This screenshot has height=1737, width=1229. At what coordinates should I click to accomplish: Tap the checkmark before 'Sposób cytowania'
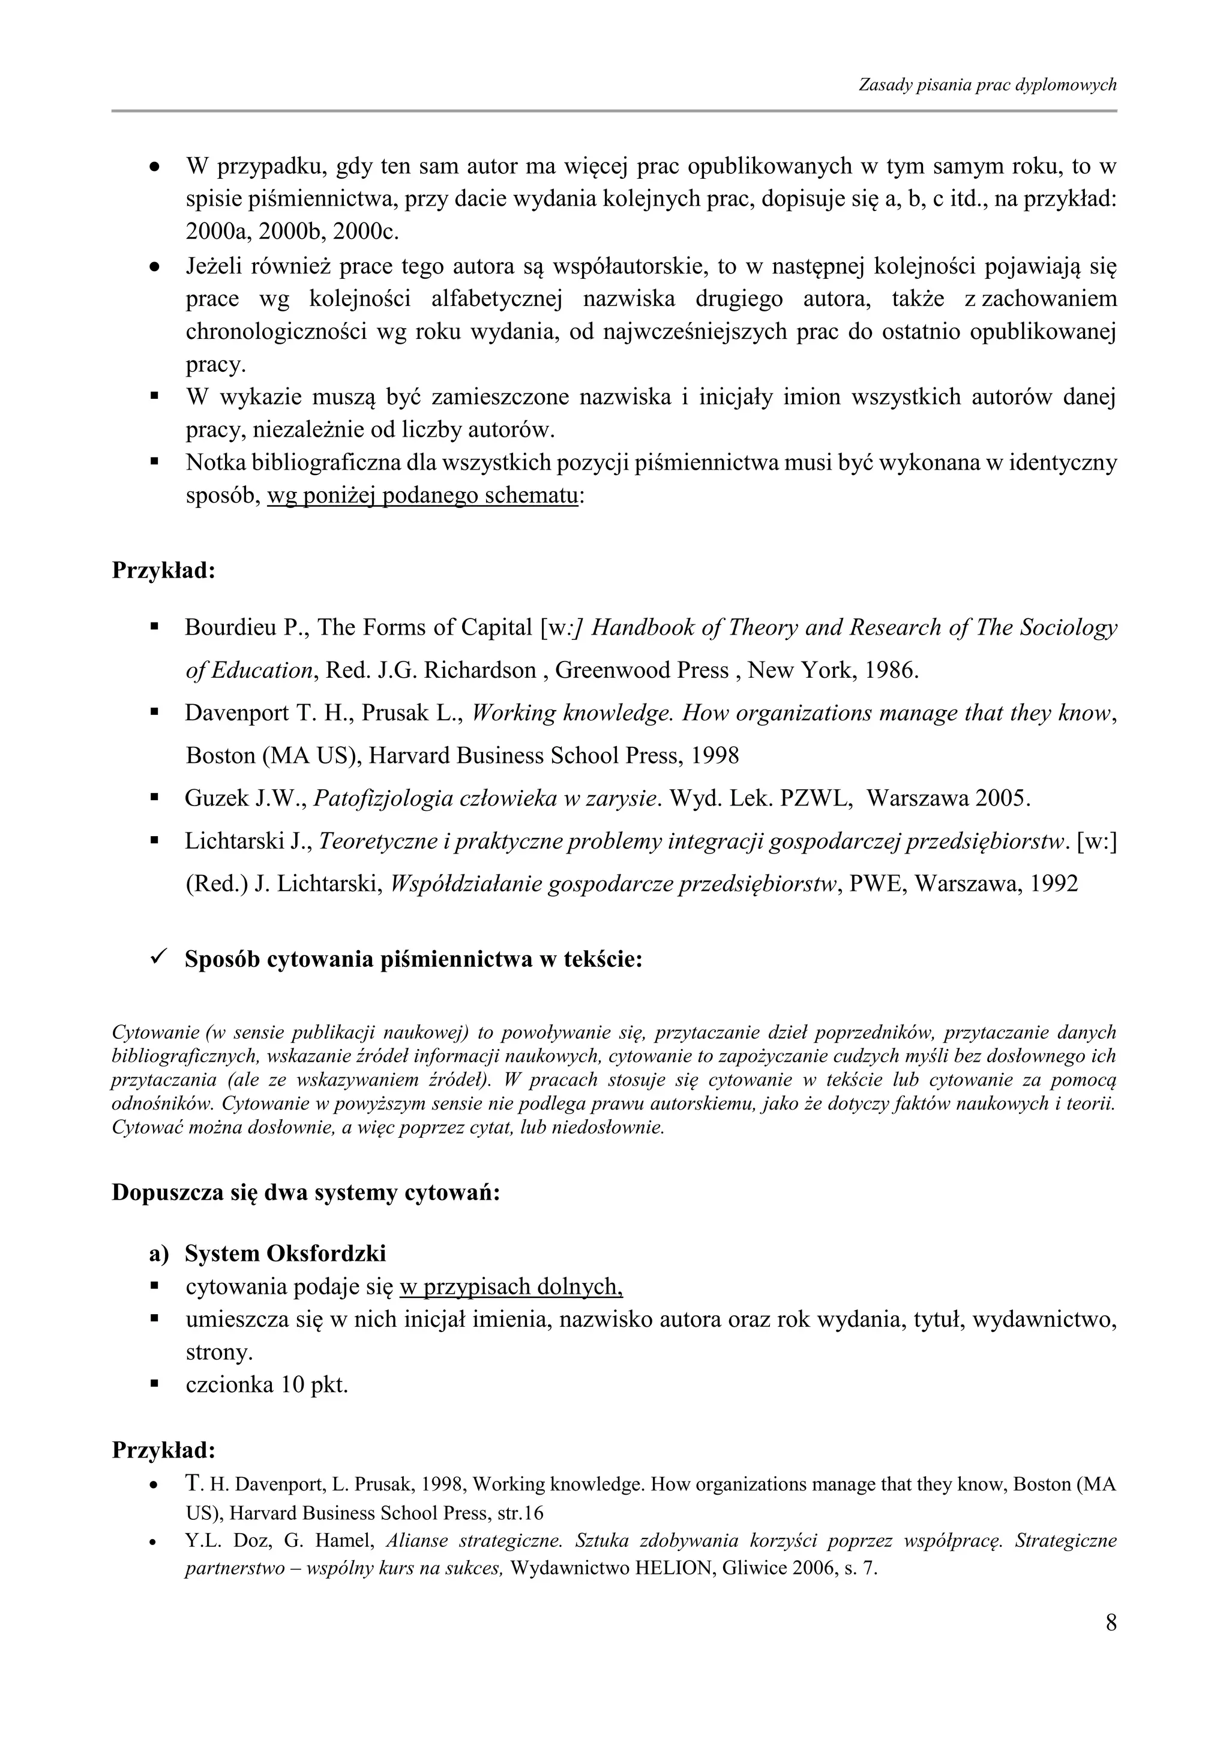[x=158, y=958]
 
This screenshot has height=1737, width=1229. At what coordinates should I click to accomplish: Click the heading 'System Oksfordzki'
[x=285, y=1254]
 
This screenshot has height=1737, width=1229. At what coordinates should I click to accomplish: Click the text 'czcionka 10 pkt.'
[x=266, y=1385]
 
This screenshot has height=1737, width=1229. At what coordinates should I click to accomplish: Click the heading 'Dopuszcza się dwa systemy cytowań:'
[x=305, y=1193]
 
